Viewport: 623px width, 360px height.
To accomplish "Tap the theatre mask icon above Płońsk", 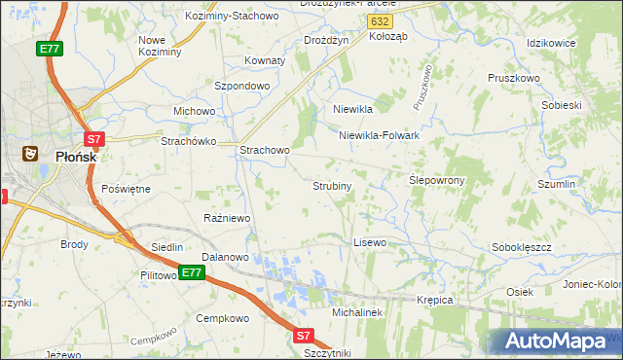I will (30, 153).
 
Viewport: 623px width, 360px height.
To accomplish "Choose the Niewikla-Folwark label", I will (379, 135).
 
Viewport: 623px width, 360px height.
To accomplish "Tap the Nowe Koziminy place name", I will (160, 46).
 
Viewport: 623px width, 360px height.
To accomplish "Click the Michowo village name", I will (194, 111).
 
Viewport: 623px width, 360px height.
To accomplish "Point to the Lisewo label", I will (370, 241).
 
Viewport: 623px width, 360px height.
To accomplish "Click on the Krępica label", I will (435, 300).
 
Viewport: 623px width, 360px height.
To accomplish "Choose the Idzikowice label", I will (551, 44).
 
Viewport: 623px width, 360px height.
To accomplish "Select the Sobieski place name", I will (560, 104).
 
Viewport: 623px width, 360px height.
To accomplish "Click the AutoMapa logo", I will (555, 342).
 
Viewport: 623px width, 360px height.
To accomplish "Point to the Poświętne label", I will (126, 188).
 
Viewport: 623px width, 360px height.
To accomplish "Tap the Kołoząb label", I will (389, 35).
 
